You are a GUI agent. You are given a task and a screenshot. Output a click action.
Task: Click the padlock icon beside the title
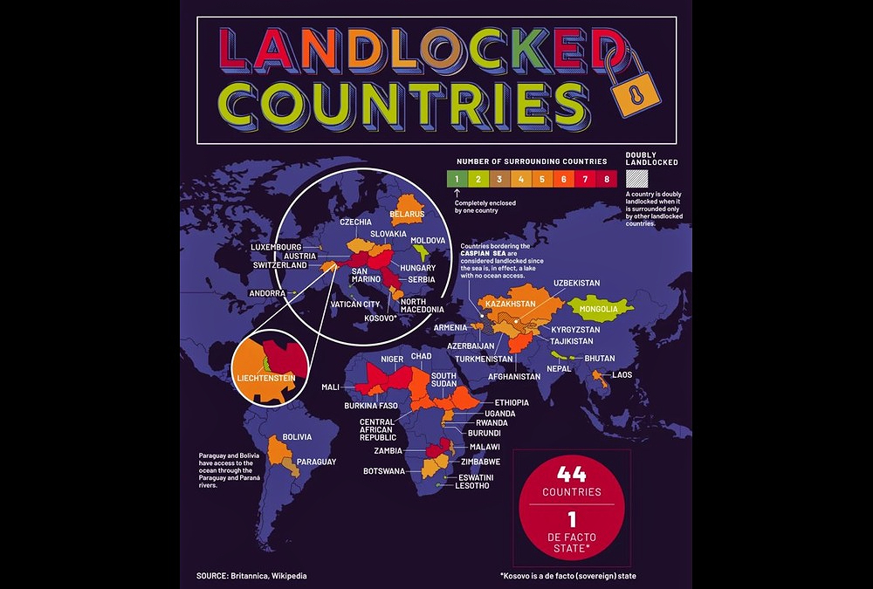(x=634, y=84)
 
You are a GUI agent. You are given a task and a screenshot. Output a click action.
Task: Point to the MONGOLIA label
(x=600, y=309)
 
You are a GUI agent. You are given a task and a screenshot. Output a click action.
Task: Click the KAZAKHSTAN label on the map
(x=511, y=304)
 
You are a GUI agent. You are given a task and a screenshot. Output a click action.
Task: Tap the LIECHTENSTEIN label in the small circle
(x=265, y=378)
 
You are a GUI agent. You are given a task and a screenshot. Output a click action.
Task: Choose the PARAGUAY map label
(x=316, y=462)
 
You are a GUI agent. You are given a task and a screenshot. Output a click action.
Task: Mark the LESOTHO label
(x=471, y=486)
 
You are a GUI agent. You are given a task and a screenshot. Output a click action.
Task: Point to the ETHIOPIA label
(x=512, y=402)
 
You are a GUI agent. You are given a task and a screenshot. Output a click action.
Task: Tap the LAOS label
(x=622, y=375)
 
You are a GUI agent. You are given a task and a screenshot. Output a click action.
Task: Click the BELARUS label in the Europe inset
(x=407, y=214)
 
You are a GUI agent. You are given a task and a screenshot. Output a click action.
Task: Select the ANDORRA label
(x=266, y=293)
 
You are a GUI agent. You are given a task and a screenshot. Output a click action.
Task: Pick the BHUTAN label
(x=600, y=359)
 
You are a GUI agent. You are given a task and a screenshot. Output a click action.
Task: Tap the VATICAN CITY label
(x=355, y=305)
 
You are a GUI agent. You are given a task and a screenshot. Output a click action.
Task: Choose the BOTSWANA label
(x=385, y=471)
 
